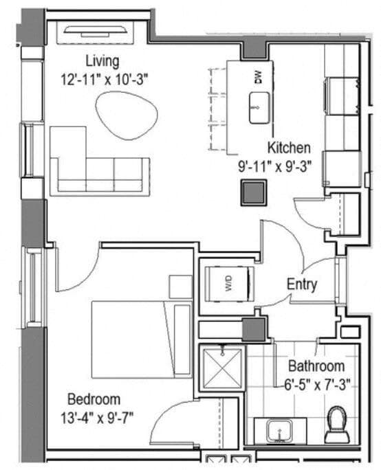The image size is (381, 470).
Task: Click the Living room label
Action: point(102,60)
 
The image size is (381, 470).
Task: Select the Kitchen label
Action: point(288,148)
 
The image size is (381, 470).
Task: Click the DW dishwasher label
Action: point(259,78)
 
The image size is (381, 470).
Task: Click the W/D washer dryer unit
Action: point(230,282)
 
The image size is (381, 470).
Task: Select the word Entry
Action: point(301,284)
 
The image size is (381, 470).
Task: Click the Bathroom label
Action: point(316,366)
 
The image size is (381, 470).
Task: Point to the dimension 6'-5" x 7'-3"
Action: point(316,383)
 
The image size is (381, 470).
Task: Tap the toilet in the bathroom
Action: point(337,424)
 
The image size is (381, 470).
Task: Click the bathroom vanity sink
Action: point(281,431)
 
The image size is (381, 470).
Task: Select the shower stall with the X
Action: point(222,370)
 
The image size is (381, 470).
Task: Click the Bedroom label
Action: point(94,399)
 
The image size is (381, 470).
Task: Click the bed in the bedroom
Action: point(134,339)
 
